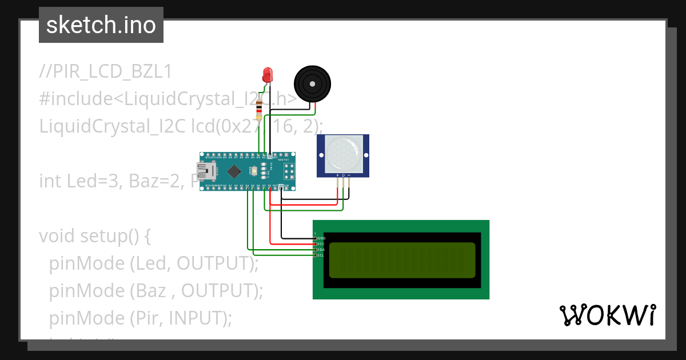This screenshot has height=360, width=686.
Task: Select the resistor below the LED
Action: click(x=260, y=109)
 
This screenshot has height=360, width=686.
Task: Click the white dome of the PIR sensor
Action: click(x=343, y=153)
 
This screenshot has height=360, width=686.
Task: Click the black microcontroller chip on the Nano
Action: click(x=234, y=171)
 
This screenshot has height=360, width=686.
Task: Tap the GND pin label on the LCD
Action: click(x=321, y=238)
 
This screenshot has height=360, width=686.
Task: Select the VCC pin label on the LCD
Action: click(x=321, y=244)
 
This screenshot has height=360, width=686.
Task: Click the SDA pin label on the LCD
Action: click(x=321, y=250)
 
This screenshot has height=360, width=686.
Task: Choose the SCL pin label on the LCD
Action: click(x=321, y=255)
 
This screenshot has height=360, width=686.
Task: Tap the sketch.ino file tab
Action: click(x=101, y=25)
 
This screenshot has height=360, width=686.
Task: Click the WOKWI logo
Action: click(x=607, y=315)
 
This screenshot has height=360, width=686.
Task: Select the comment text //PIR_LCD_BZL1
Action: click(x=105, y=72)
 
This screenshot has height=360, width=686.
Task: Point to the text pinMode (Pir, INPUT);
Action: click(x=140, y=317)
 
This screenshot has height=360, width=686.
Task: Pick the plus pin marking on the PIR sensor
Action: click(x=337, y=175)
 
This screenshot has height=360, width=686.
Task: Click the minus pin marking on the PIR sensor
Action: click(x=349, y=175)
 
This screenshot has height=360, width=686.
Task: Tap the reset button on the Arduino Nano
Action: click(x=254, y=170)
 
